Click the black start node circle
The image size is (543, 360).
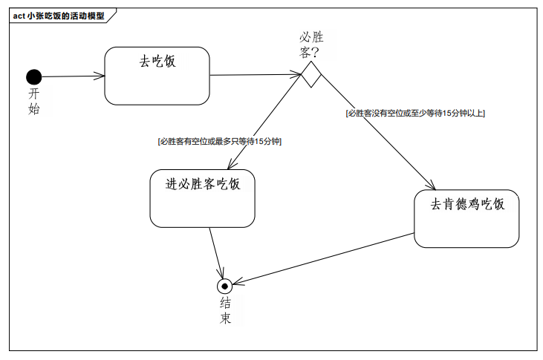tap(33, 76)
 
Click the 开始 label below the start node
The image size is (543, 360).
tap(34, 101)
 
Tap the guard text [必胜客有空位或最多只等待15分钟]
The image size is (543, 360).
tap(219, 141)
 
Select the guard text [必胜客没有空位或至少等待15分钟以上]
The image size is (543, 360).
tap(415, 114)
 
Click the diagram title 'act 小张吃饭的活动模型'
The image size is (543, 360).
tap(59, 16)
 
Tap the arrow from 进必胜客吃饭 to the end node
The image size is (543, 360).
tap(216, 252)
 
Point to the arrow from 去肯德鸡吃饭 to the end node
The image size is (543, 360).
tap(327, 257)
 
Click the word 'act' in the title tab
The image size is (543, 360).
tap(19, 16)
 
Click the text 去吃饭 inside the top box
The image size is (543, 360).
tap(157, 62)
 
